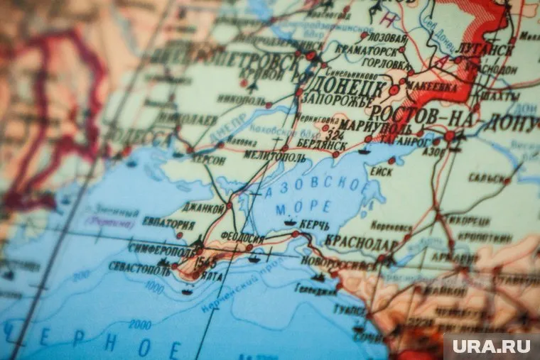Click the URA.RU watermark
coord(490,347)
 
